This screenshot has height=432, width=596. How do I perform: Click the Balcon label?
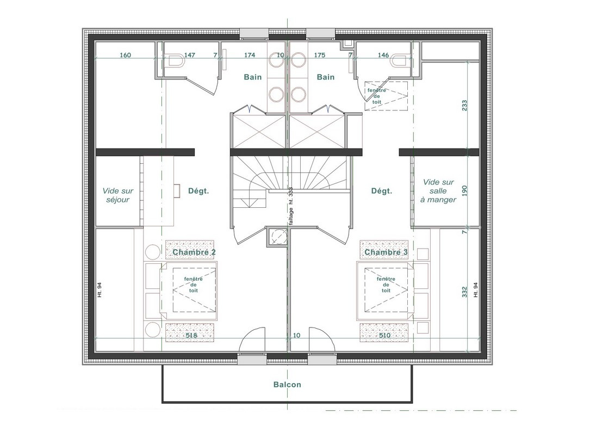(287, 385)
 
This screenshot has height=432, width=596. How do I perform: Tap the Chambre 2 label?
(194, 252)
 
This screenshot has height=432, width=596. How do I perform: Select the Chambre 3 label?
(386, 252)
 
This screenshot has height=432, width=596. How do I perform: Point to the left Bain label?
(253, 77)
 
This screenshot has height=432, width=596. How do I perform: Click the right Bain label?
(326, 77)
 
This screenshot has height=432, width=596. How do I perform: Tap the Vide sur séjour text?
(118, 195)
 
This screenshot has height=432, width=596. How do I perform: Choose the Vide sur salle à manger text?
(438, 191)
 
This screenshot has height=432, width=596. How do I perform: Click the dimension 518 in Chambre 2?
(191, 335)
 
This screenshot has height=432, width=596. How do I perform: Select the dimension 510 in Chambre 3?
(384, 335)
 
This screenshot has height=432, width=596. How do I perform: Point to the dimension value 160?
(125, 55)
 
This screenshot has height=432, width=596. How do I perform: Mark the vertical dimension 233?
(464, 106)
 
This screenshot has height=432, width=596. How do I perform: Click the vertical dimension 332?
(464, 292)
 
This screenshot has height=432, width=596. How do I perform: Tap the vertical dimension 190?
(464, 190)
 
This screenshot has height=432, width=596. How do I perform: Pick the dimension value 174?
(250, 55)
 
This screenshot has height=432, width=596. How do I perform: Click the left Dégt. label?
(198, 191)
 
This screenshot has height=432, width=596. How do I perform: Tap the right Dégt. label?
(382, 191)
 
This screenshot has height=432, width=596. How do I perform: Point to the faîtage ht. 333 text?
(291, 207)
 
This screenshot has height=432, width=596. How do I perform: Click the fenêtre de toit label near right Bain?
(377, 96)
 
